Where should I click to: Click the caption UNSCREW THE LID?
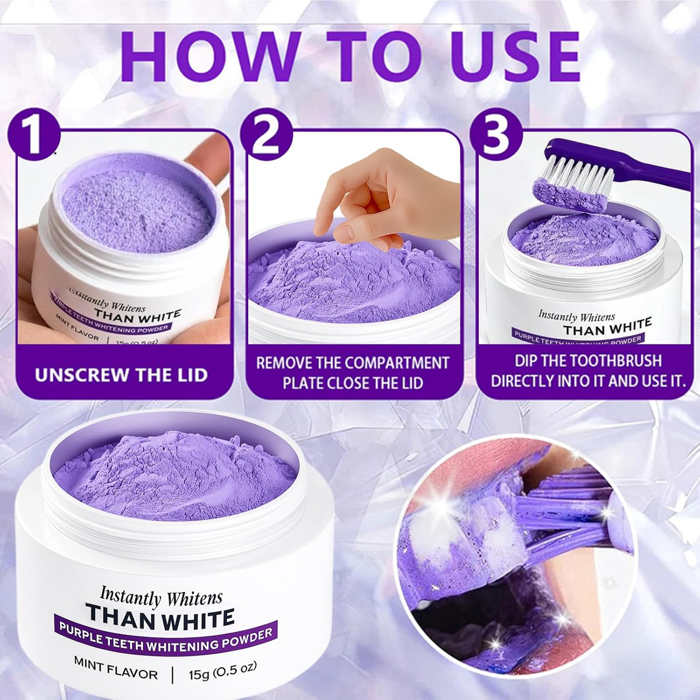121,375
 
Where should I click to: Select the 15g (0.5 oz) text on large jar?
222,672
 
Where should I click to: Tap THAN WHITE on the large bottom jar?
160,618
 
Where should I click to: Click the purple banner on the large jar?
165,639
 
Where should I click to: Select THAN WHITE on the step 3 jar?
607,327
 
